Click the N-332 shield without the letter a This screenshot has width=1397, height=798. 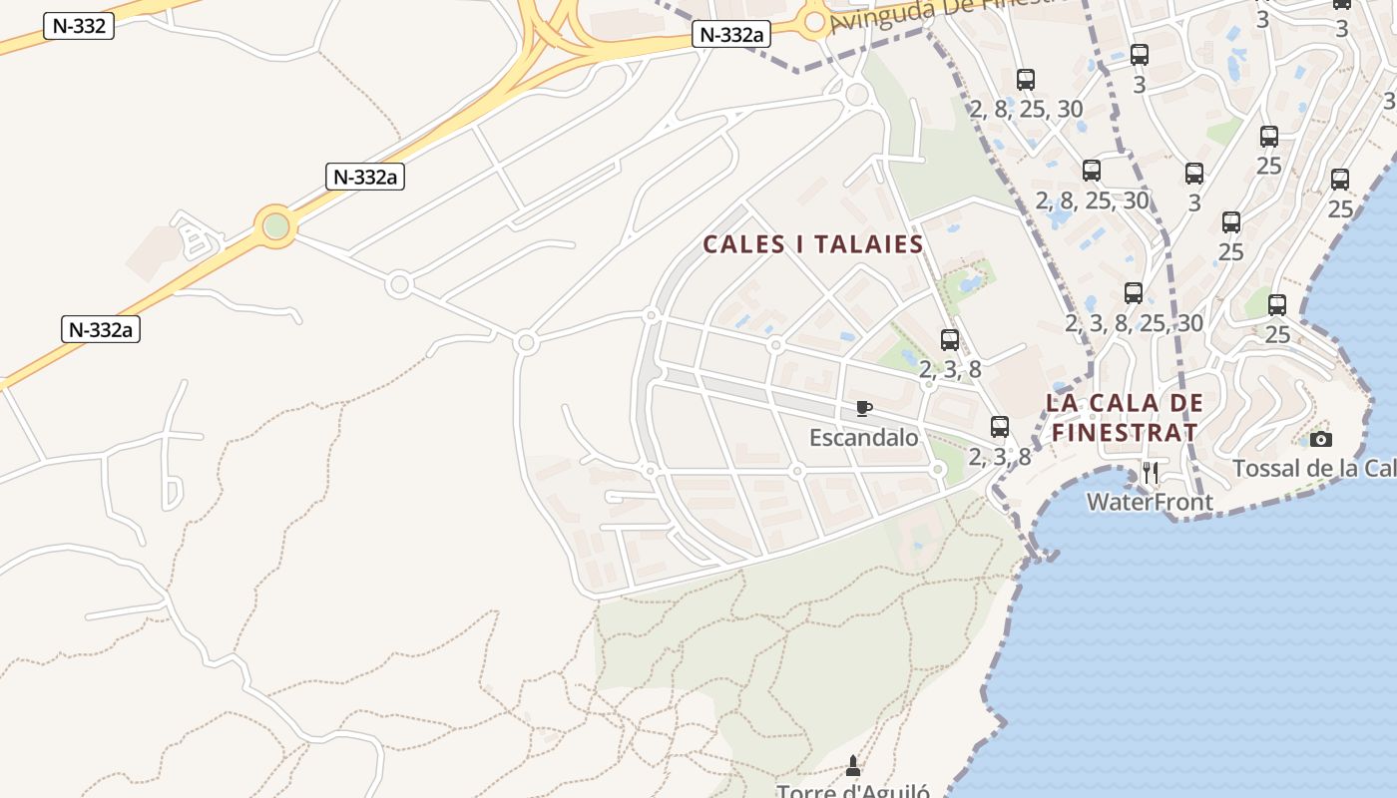tap(79, 26)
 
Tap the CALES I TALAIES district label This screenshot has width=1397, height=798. tap(813, 244)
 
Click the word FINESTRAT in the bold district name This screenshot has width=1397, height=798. tap(1125, 432)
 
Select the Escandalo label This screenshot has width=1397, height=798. tap(863, 437)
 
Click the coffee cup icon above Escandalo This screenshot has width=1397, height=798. tap(864, 408)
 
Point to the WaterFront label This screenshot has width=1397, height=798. tap(1150, 501)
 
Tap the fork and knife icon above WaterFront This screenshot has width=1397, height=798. tap(1151, 472)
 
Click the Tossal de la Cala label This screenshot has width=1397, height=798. tap(1312, 468)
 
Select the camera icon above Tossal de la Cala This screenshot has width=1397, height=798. tap(1320, 439)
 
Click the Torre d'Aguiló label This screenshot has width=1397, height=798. tap(853, 791)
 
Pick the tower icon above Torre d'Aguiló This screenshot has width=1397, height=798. tap(852, 766)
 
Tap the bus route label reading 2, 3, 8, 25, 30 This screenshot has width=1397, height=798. tap(1134, 323)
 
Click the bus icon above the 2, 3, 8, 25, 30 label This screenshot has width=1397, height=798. tap(1134, 293)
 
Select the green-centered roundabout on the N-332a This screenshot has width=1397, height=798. tap(275, 226)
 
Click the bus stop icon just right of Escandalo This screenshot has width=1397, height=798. tap(1000, 427)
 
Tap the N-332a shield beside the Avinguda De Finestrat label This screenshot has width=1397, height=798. tap(732, 35)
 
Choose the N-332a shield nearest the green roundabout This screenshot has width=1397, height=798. tap(364, 178)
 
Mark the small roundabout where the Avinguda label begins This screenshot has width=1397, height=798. tap(814, 21)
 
